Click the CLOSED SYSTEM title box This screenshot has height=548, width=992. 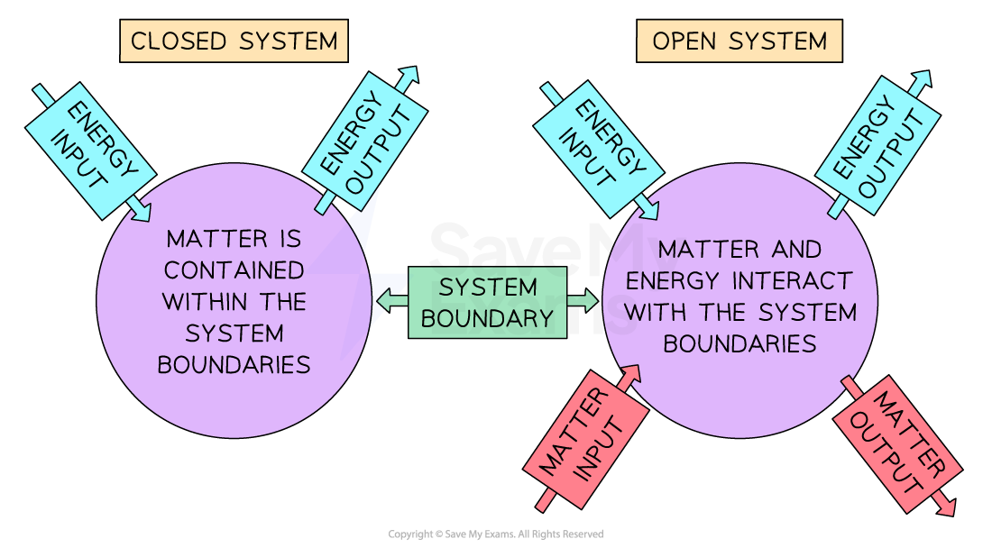tap(234, 41)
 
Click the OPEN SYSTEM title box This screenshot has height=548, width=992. tap(739, 41)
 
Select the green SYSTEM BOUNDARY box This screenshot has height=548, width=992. tap(487, 302)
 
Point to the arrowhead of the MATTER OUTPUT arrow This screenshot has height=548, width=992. tap(947, 508)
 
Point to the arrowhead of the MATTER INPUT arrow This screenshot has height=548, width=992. tap(632, 372)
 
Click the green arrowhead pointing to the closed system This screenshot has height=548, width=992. tap(383, 302)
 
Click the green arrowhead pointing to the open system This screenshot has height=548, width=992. tap(591, 301)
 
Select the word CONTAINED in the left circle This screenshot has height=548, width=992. tap(234, 270)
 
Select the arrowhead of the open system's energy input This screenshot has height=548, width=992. tap(649, 213)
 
